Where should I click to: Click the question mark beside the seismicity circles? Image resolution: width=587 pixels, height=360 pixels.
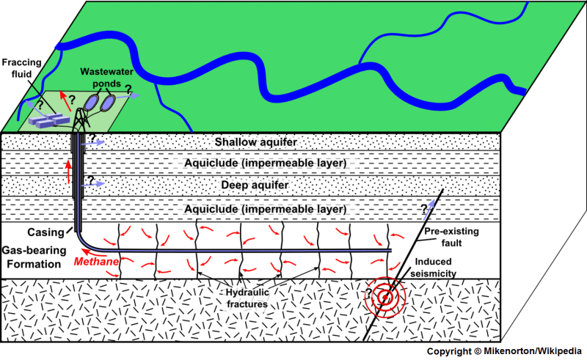pos(369,294)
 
